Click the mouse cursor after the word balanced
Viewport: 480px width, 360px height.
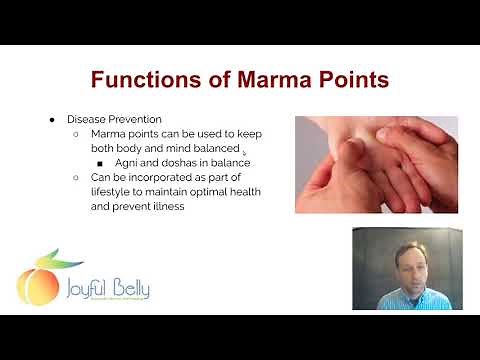(244, 154)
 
